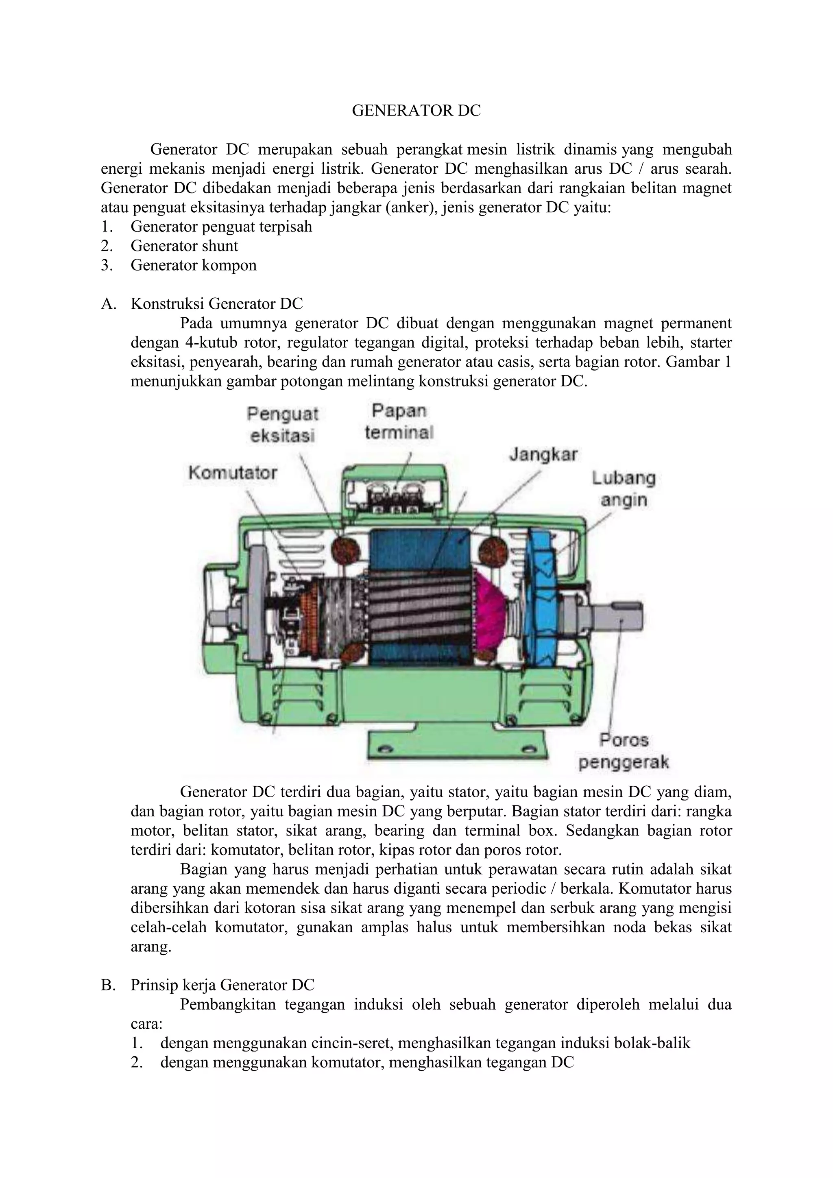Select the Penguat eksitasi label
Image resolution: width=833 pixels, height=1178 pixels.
(x=283, y=424)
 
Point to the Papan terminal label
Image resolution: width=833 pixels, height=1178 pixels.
(x=399, y=422)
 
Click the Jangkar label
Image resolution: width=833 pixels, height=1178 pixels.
(x=543, y=455)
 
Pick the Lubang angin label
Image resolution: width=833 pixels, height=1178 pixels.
(x=624, y=489)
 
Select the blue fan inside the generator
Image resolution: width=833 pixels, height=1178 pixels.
(x=545, y=600)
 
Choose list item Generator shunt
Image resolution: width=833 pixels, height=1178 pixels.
(x=184, y=246)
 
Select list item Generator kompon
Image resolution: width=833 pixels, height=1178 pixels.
(x=193, y=265)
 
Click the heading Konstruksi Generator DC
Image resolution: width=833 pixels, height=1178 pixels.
(x=216, y=304)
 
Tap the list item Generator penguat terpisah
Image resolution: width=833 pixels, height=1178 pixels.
(x=221, y=226)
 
